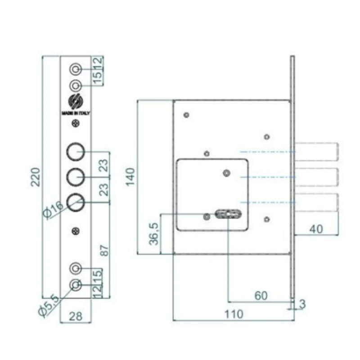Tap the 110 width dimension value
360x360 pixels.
233,314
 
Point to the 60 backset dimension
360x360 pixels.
261,295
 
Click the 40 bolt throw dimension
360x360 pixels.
317,229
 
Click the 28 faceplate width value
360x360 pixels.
76,316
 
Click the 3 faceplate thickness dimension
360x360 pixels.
301,305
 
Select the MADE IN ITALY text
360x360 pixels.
76,113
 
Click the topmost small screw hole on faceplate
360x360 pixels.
76,69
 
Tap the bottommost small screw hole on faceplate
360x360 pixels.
76,284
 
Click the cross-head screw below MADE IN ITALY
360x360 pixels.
76,125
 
